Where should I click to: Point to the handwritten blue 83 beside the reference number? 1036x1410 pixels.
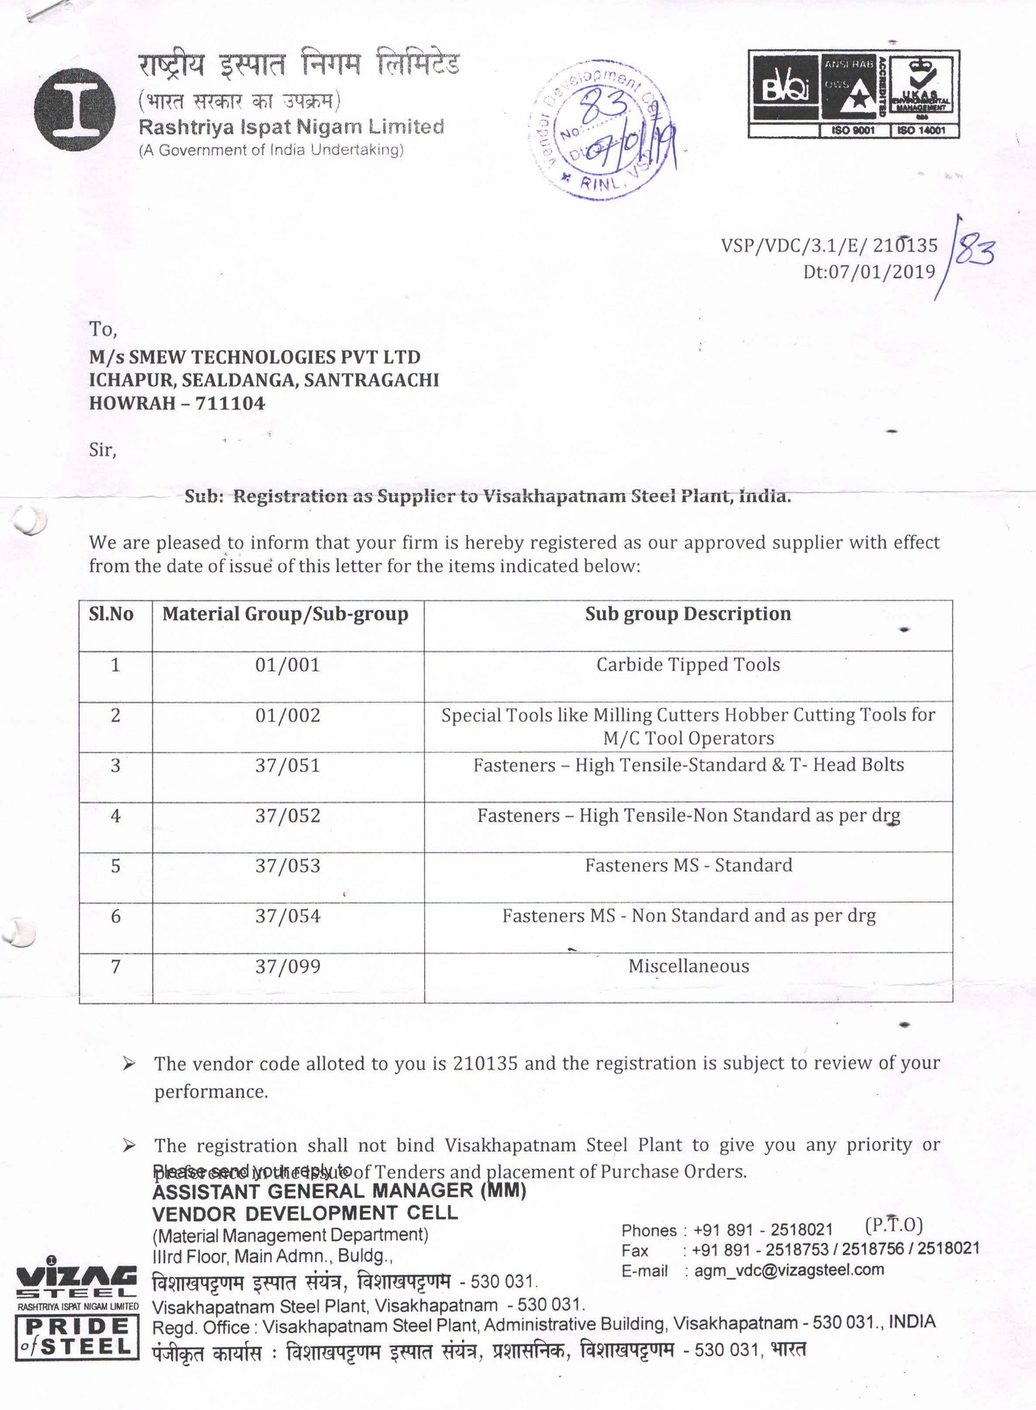975,251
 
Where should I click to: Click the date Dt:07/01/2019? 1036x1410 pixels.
870,271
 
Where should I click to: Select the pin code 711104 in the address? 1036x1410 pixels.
231,403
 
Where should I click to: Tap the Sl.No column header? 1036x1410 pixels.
111,614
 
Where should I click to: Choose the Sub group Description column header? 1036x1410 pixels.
688,614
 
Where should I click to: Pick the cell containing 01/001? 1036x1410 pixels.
287,665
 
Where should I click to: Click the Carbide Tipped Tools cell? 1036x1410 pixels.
688,665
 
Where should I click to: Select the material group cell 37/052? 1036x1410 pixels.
287,816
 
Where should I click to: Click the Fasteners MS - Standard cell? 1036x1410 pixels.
688,866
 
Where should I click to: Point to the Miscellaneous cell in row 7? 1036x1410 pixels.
688,967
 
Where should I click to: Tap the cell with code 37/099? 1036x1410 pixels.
287,967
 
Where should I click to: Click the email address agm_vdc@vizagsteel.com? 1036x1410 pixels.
789,1270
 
